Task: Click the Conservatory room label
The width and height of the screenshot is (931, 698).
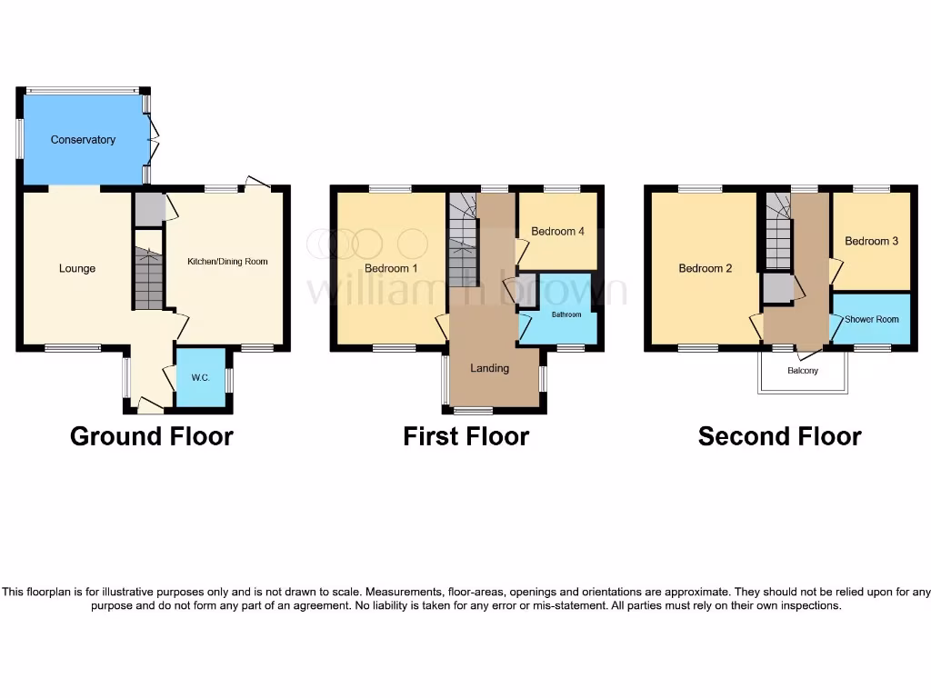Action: click(83, 140)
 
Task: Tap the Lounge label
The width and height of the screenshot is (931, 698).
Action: click(77, 268)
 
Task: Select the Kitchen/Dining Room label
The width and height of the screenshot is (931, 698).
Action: click(227, 262)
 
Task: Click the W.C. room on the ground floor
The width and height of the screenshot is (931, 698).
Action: click(200, 378)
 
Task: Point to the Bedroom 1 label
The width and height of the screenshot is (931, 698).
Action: click(391, 269)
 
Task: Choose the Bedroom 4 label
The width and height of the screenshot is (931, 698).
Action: click(557, 232)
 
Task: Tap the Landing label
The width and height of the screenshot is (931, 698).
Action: click(489, 368)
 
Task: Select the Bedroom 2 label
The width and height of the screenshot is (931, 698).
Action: click(705, 268)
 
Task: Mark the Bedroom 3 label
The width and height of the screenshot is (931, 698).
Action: click(871, 241)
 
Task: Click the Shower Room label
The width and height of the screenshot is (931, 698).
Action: click(871, 320)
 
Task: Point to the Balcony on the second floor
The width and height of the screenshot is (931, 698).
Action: click(803, 371)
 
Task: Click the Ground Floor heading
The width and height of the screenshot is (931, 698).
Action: click(152, 437)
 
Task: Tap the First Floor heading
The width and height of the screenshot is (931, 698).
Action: click(465, 437)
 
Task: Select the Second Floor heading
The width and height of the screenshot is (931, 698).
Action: click(779, 437)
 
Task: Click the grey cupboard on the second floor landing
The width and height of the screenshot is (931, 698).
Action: click(776, 289)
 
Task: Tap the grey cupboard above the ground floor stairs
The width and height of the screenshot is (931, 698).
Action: click(147, 209)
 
